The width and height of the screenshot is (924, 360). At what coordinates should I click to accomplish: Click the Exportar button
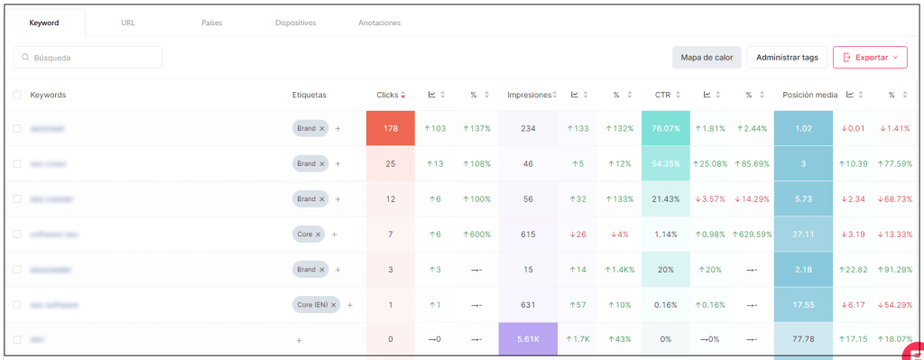click(x=869, y=57)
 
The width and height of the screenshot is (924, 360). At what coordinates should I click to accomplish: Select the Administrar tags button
click(x=787, y=57)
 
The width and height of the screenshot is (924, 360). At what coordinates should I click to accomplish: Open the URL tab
click(x=128, y=23)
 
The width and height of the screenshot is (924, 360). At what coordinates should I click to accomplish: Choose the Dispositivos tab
click(x=295, y=23)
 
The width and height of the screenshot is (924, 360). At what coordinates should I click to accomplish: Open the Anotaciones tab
click(x=379, y=23)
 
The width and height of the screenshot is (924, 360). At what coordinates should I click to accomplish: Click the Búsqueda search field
click(x=88, y=58)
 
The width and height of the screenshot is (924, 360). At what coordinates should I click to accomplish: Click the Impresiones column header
click(x=528, y=95)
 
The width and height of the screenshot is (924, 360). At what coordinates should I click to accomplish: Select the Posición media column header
click(x=809, y=95)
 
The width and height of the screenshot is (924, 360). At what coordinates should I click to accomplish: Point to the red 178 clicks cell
click(x=390, y=128)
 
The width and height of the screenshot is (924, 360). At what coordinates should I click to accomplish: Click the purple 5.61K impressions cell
click(x=527, y=339)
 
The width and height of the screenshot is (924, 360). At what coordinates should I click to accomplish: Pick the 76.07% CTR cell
click(x=665, y=128)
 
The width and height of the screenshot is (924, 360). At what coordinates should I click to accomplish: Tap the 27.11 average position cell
click(x=802, y=234)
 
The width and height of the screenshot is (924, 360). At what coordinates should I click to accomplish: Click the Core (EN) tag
click(x=311, y=305)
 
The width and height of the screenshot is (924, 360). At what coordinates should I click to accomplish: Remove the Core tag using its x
click(x=319, y=235)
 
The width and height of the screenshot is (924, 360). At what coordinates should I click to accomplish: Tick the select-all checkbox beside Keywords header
click(x=17, y=95)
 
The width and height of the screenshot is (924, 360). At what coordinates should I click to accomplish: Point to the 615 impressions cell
click(x=527, y=234)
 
